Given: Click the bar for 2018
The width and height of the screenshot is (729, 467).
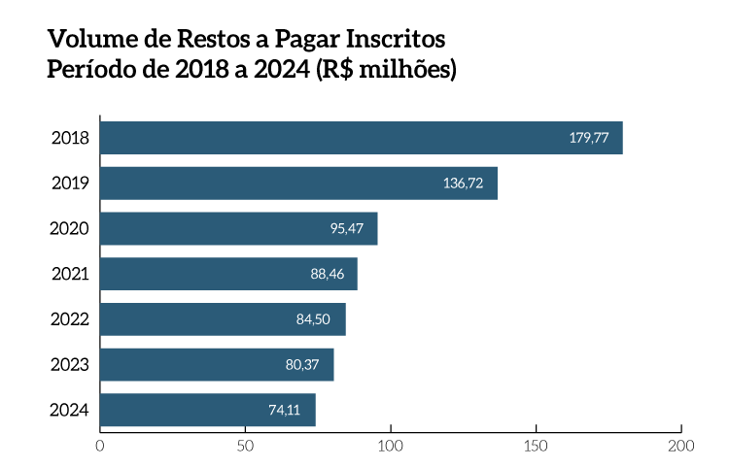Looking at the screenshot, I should pos(361,138).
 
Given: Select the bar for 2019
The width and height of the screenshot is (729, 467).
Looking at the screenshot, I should pos(298,183).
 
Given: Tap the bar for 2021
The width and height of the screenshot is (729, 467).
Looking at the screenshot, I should pos(228,274).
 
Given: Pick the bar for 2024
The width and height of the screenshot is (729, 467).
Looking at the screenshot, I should pos(207,410).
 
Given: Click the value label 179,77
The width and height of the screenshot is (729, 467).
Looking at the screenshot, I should pos(589,138).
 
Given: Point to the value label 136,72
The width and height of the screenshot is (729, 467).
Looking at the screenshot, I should pos(463,183).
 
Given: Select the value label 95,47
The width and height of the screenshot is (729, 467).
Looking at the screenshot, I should pos(346,229).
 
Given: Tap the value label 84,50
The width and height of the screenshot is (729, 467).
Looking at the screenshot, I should pos(314,319).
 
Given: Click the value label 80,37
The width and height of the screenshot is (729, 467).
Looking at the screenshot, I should pos(302,365).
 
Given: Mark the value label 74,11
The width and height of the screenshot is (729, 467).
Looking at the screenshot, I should pos(285,411).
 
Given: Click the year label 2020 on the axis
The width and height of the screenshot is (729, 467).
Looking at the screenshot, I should pos(70,229).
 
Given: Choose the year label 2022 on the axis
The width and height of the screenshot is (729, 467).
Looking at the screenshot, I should pos(70,319).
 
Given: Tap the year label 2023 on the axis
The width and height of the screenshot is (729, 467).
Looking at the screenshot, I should pos(70,365).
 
